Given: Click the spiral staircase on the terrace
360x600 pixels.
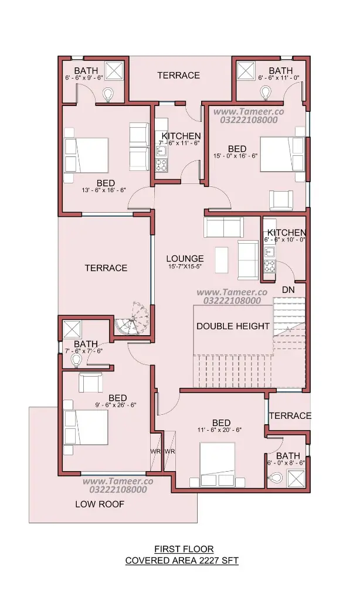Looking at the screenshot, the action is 133,318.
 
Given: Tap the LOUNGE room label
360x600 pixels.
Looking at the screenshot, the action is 185,258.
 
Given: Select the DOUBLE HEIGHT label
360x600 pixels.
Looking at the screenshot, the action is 233,326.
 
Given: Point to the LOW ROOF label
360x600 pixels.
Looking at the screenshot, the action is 100,504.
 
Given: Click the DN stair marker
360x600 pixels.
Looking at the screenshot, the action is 288,289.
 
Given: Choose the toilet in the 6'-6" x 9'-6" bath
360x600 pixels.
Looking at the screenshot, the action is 109,94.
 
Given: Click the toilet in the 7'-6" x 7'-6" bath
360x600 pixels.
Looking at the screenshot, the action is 76,360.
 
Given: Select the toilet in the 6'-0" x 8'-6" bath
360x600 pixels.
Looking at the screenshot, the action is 276,477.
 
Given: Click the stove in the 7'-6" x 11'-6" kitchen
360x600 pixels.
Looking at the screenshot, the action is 161,165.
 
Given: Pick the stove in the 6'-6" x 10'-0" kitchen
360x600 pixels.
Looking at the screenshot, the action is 269,265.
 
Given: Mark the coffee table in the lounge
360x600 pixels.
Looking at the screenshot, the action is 222,260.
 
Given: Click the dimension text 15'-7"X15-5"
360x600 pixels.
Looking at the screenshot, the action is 185,267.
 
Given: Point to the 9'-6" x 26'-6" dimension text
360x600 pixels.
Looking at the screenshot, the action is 116,405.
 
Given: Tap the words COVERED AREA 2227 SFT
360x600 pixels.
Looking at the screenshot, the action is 182,561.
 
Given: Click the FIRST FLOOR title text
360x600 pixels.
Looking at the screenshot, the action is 184,549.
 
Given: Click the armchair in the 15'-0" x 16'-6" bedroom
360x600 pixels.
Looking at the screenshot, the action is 281,199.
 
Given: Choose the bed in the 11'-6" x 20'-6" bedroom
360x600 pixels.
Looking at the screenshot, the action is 218,464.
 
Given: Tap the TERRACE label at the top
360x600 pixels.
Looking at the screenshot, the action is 178,76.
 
